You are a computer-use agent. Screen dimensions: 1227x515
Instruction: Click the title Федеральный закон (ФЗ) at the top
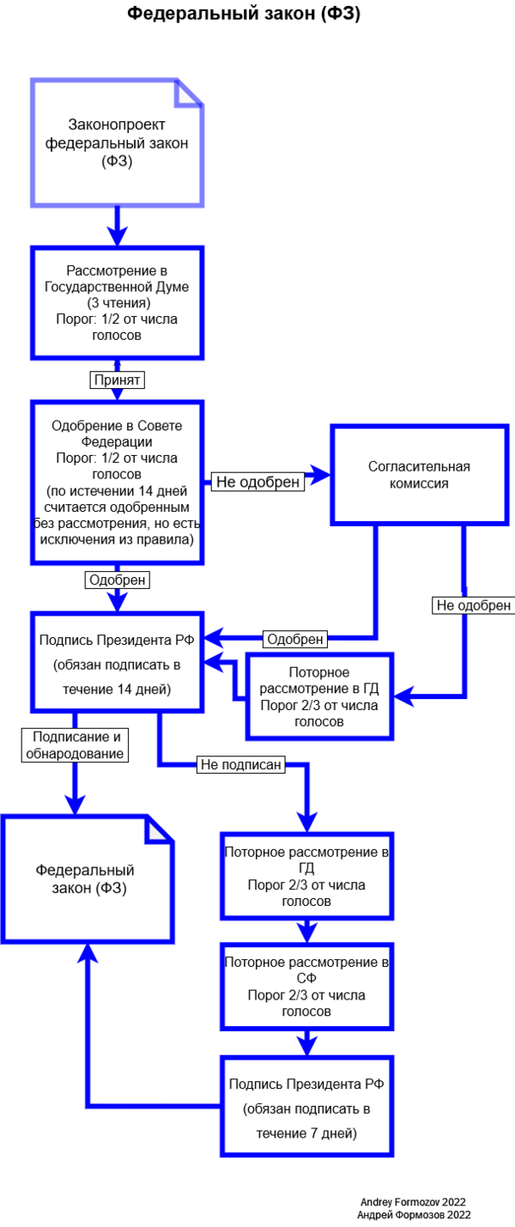click(x=244, y=15)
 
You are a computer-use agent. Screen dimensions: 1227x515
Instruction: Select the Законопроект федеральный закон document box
click(x=118, y=143)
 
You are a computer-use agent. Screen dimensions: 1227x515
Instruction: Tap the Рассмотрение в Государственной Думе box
click(x=118, y=302)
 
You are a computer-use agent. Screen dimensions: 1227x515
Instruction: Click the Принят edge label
click(x=118, y=379)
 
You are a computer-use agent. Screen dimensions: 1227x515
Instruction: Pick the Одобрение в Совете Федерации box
click(x=118, y=482)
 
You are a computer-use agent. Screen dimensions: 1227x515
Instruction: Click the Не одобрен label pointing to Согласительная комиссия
click(x=258, y=482)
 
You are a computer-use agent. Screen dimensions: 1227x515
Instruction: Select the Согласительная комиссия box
click(x=419, y=474)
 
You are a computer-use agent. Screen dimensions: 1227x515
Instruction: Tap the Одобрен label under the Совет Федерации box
click(x=118, y=580)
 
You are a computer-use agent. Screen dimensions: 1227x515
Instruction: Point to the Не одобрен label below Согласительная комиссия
click(x=473, y=605)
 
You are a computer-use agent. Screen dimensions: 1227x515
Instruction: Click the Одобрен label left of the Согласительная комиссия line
click(x=294, y=639)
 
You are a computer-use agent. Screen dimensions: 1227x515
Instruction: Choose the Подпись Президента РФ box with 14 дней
click(x=118, y=664)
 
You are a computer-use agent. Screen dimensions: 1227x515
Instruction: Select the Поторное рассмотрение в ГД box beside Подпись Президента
click(x=318, y=696)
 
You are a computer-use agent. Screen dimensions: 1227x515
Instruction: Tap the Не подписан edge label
click(x=240, y=765)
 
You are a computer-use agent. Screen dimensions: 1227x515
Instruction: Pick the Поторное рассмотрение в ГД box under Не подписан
click(x=306, y=875)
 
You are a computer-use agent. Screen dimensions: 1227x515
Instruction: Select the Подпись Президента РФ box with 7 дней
click(x=306, y=1109)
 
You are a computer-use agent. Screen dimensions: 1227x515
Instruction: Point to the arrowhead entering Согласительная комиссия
click(x=322, y=474)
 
